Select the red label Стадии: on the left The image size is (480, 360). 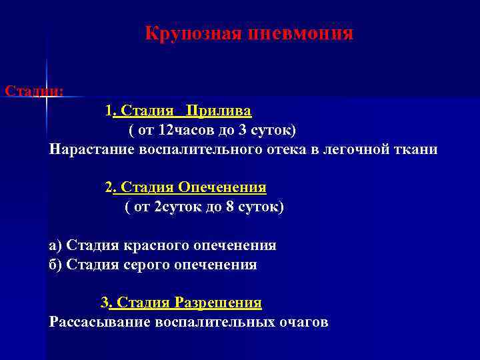pos(33,90)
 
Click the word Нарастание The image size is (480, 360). pos(92,149)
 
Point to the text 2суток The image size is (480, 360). pos(176,207)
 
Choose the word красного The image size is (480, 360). pos(153,245)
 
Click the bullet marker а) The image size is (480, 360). pos(57,245)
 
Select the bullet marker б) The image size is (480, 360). pos(57,265)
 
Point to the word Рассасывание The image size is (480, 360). pos(100,323)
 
